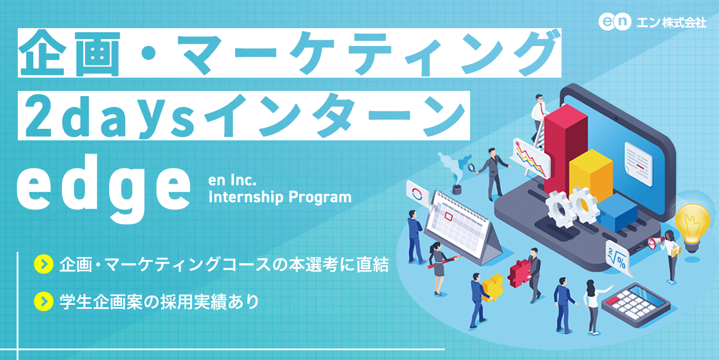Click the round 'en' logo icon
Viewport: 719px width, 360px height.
614,22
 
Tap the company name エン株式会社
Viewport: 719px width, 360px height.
670,22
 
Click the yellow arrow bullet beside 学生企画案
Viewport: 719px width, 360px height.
43,301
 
